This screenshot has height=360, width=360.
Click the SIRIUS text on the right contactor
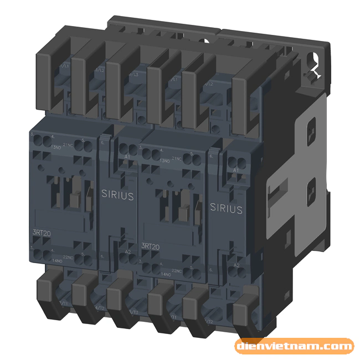coord(225,208)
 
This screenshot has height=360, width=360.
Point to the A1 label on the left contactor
coord(127,158)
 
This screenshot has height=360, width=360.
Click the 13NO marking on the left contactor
coord(56,146)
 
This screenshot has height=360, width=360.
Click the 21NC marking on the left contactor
coord(68,145)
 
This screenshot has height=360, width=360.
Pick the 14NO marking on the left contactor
coord(56,259)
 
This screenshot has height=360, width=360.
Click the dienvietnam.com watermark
coord(294,347)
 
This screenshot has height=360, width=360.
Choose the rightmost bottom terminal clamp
coord(245,313)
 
